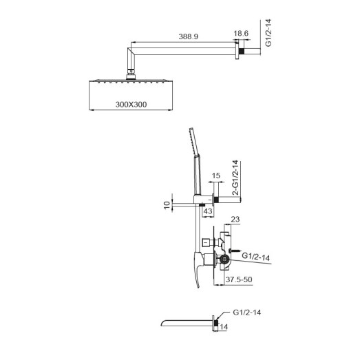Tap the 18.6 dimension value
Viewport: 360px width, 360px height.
coord(241,33)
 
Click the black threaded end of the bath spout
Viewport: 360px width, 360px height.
coord(218,321)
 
